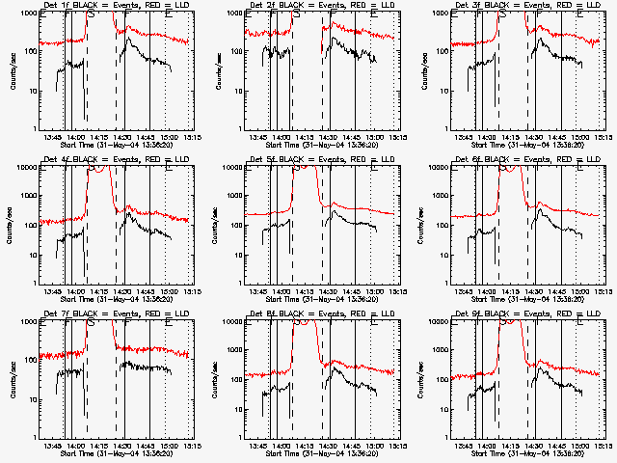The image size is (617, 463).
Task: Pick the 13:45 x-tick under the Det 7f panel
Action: (53, 447)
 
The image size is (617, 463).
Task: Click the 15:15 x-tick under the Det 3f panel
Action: (602, 138)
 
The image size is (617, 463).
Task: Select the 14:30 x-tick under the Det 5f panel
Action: (328, 292)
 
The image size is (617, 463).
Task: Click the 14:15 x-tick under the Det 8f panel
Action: (304, 447)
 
